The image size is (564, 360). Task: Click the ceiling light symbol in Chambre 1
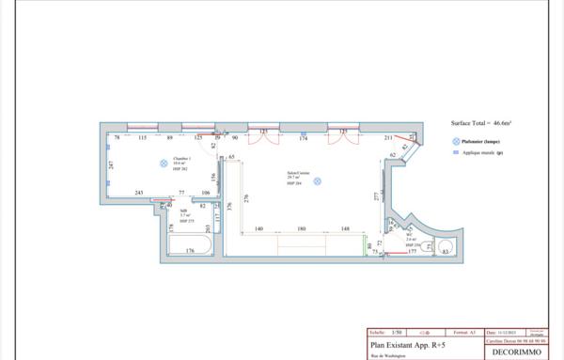coord(163,163)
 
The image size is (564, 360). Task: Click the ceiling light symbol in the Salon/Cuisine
coord(318,180)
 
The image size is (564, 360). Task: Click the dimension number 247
coord(110,165)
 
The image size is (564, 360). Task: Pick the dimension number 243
coord(138,193)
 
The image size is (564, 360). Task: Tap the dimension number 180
coord(302,229)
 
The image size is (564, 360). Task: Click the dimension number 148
coord(345,229)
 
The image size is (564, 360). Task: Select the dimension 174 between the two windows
coord(303,139)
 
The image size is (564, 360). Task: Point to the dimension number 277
coord(376,196)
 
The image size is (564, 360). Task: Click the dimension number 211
coord(388,139)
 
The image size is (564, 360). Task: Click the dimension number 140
coord(258,229)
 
